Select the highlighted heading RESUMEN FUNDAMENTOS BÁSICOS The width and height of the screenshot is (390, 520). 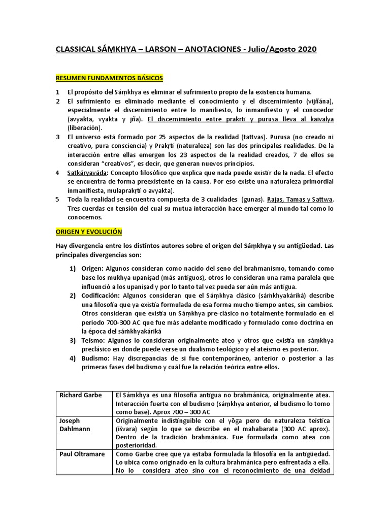pyautogui.click(x=109, y=78)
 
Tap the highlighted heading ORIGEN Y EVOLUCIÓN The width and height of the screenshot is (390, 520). pyautogui.click(x=88, y=232)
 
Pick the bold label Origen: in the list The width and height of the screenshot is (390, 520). pyautogui.click(x=91, y=269)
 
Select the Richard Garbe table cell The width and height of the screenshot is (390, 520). pyautogui.click(x=81, y=395)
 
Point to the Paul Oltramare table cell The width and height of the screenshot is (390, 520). pyautogui.click(x=83, y=453)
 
